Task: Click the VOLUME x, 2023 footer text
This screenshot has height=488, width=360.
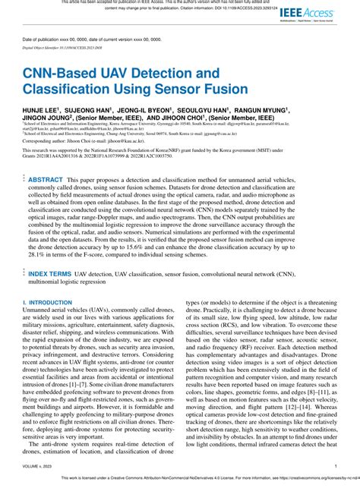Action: point(38,467)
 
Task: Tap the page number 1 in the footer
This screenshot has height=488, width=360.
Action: point(335,467)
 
